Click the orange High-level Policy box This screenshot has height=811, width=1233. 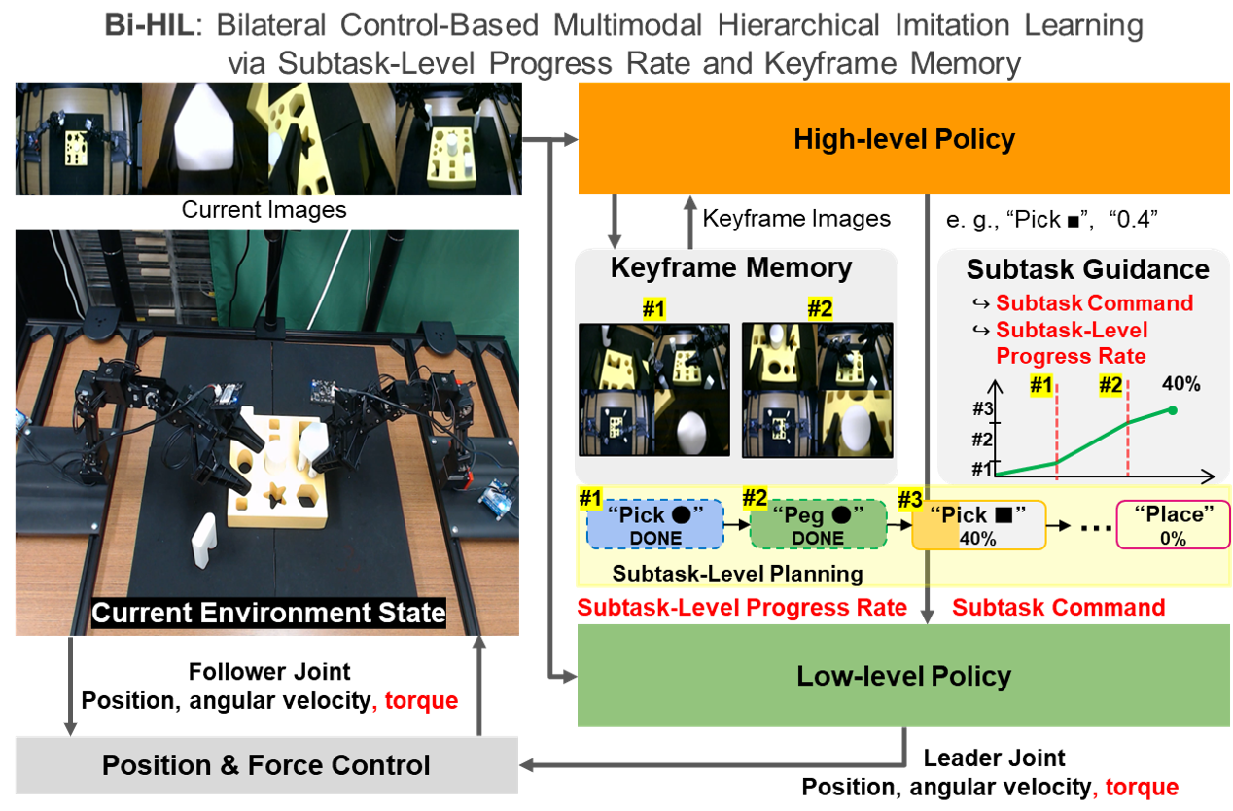(904, 138)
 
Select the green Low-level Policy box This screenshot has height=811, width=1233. (904, 676)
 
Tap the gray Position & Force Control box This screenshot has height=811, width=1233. (265, 764)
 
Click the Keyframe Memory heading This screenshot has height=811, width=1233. (730, 267)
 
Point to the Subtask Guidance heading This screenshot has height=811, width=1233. (1087, 269)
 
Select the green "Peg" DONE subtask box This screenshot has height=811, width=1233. (818, 525)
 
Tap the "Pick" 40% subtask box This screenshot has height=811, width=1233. (976, 525)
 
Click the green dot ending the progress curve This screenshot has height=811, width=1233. (1173, 410)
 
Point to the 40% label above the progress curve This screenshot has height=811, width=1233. (1180, 384)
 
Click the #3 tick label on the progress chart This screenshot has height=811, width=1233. (981, 409)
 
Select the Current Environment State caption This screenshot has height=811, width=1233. (268, 613)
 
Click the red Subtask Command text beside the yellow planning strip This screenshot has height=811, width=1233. (1058, 608)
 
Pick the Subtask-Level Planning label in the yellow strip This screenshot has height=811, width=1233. (737, 573)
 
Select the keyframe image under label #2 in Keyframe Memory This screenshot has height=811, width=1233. (817, 390)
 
